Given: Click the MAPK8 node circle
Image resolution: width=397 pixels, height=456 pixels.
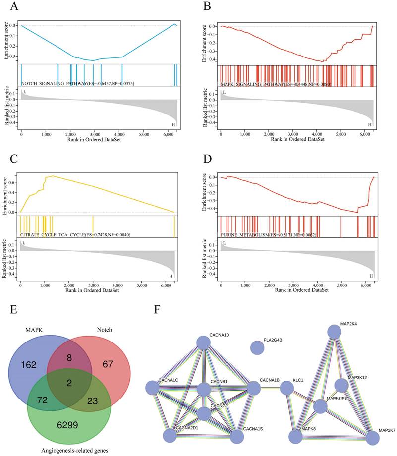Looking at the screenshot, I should tap(296, 437).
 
